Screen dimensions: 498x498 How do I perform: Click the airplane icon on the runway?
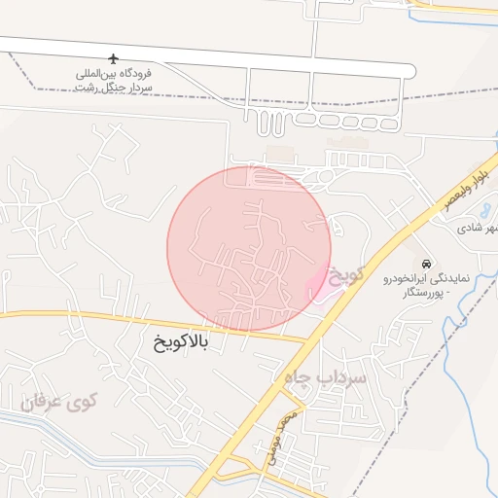click(116, 59)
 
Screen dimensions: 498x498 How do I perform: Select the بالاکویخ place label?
click(180, 342)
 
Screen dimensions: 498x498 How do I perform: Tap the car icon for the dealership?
click(426, 264)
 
